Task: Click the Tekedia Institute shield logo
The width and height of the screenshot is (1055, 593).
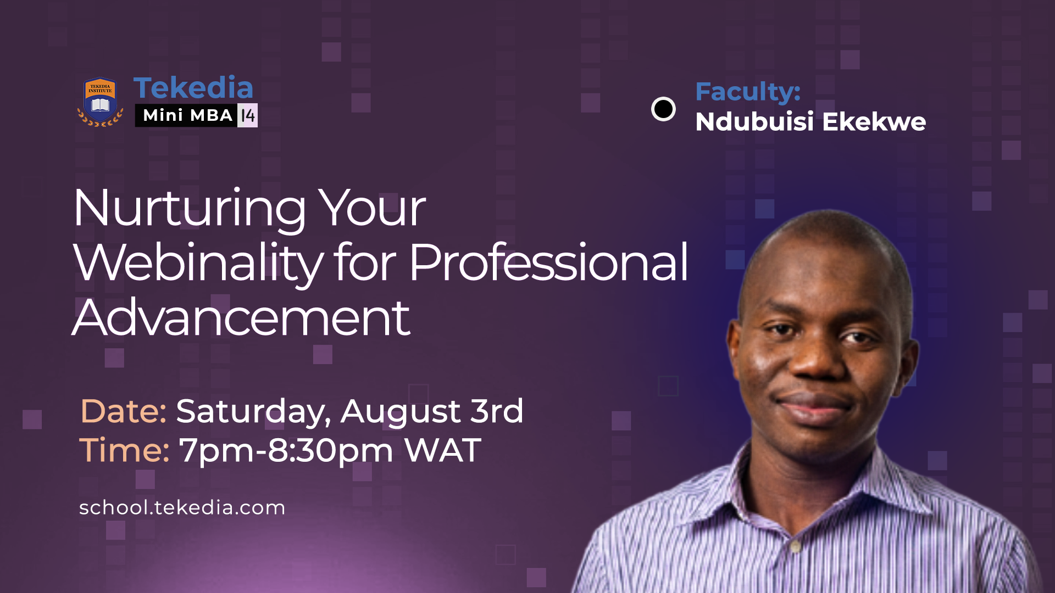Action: coord(100,102)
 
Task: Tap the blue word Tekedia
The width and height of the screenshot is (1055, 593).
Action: coord(193,88)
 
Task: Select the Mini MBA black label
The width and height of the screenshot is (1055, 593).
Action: coord(187,115)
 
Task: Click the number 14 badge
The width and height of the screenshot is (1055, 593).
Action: coord(248,115)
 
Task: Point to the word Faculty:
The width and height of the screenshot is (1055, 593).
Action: coord(747,92)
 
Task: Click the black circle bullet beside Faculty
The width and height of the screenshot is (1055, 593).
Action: coord(663,109)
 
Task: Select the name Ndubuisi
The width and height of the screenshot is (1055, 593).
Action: coord(754,122)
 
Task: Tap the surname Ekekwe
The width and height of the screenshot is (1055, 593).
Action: coord(874,122)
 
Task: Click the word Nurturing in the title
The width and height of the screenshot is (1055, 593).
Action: coord(190,209)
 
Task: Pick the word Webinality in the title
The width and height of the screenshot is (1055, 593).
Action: coord(198,264)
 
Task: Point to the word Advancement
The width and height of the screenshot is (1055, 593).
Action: coord(241,318)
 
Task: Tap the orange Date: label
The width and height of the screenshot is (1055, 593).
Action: coord(123,411)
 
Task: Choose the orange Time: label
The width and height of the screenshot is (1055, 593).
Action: coord(124,451)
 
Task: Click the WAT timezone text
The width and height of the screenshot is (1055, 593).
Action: coord(442,451)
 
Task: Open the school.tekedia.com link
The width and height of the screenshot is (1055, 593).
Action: coord(182,508)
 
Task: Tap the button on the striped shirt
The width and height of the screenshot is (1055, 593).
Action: coord(795,546)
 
